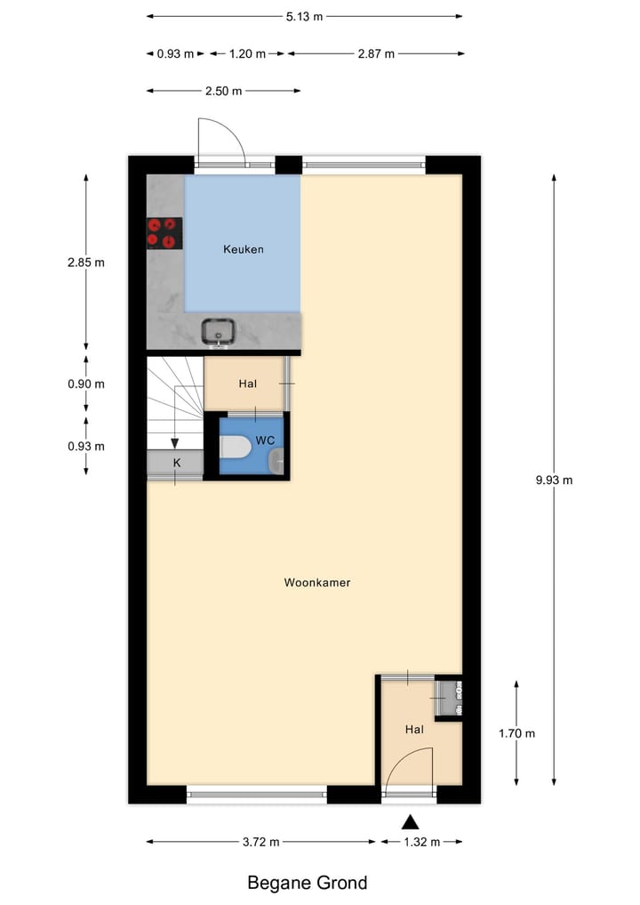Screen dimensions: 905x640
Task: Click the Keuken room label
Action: coord(243,249)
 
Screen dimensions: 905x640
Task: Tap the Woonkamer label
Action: coord(317,583)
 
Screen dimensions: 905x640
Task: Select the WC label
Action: coord(265,440)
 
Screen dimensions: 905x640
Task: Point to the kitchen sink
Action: coord(217,332)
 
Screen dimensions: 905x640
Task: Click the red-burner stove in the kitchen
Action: coord(164,233)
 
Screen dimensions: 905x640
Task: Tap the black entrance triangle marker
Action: coord(410,821)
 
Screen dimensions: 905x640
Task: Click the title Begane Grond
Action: coord(307,883)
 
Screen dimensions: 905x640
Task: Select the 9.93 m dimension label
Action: coord(554,480)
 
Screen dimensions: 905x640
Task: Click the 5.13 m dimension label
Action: coord(304,17)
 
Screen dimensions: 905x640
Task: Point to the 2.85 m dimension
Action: coord(86,263)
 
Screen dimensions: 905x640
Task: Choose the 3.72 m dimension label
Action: coord(261,842)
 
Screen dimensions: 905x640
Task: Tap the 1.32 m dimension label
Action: coord(422,842)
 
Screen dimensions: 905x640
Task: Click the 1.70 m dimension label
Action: coord(517,733)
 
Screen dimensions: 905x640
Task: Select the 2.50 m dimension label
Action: coord(223,91)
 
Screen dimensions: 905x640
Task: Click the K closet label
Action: coord(176,463)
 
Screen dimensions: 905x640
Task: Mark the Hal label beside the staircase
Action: coord(247,384)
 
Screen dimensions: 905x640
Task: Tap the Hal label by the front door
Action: coord(414,729)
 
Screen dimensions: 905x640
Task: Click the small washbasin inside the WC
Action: coord(277,460)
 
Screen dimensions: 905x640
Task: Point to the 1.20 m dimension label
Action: coord(247,53)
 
